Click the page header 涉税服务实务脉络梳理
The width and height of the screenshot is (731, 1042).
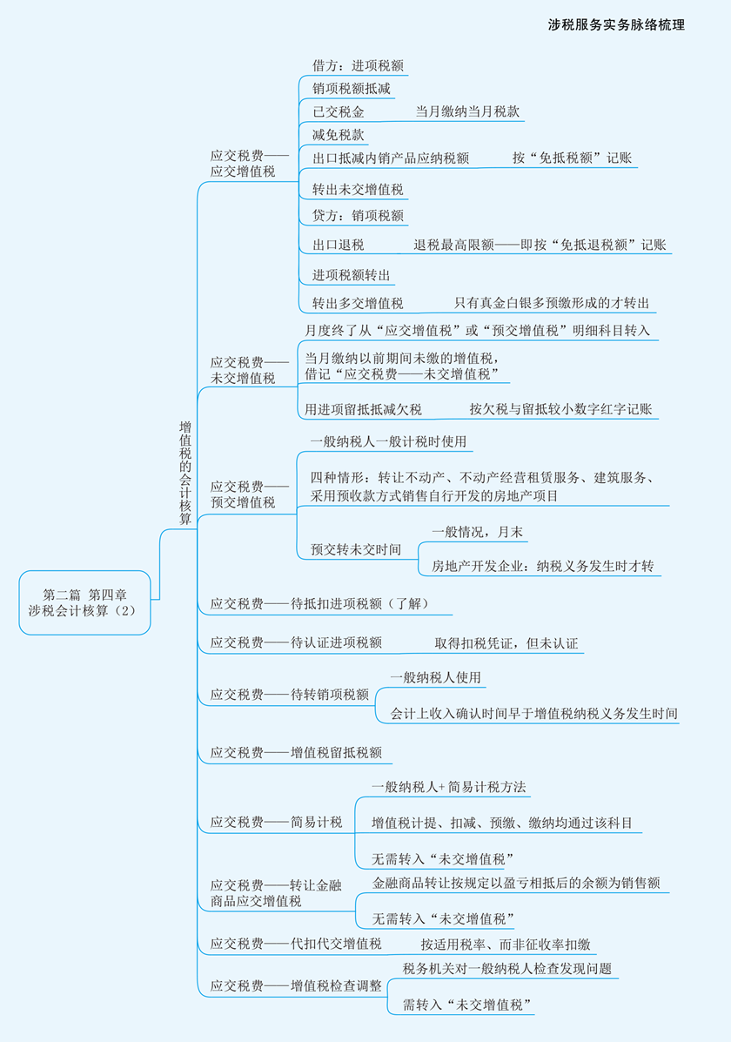click(616, 25)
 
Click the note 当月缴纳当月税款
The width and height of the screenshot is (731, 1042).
click(468, 111)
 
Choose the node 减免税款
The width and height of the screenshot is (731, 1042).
click(339, 135)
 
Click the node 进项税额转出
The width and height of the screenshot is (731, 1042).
click(352, 275)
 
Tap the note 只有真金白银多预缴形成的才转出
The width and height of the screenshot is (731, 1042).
click(552, 303)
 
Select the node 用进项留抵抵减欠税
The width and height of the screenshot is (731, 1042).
click(363, 409)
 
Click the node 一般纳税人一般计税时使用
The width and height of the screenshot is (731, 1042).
click(389, 442)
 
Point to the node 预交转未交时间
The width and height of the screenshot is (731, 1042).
click(356, 549)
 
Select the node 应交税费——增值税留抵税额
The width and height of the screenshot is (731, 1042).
click(295, 753)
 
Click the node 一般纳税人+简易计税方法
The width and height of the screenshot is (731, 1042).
click(449, 787)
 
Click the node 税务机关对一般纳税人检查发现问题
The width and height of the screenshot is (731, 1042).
click(507, 969)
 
